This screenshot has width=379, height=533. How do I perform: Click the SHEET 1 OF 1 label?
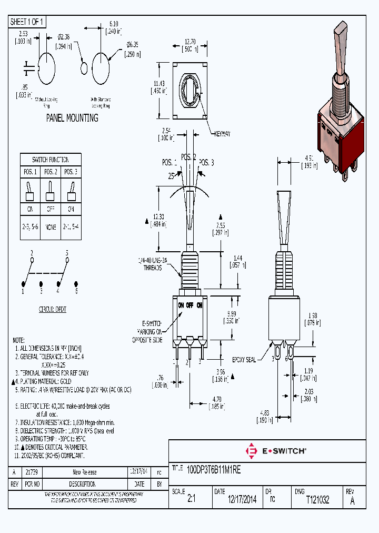tap(27, 22)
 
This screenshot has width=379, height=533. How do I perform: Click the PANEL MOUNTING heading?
tap(72, 118)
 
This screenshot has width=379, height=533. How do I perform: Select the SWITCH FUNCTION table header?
tap(51, 159)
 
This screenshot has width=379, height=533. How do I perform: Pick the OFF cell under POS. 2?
tap(50, 209)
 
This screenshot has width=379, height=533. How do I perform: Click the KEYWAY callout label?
tap(222, 134)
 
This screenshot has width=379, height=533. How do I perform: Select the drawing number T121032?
tap(317, 500)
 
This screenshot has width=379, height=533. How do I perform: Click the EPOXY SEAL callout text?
tap(244, 360)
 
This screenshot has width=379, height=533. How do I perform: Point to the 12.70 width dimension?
tap(189, 42)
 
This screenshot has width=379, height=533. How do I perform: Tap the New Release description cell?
tap(84, 472)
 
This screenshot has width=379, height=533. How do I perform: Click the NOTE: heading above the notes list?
tap(18, 340)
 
